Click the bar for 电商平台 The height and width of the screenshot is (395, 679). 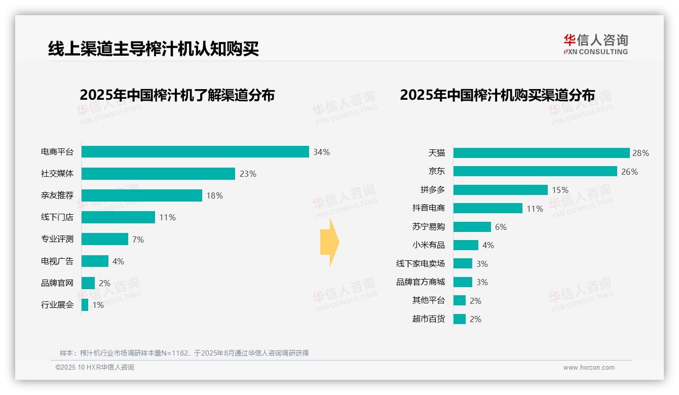pos(195,152)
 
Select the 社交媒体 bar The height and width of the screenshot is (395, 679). pos(158,174)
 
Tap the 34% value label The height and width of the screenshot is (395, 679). pos(321,152)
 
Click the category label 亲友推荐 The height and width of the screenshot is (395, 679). pos(57,195)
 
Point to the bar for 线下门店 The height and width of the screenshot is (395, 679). pos(118,217)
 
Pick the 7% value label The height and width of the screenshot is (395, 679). pos(138,240)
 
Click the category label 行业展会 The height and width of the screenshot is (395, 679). pos(57,305)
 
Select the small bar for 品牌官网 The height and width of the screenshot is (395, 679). pos(88,283)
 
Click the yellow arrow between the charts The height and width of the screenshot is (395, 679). pos(329,243)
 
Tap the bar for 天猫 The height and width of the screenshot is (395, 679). pos(541,153)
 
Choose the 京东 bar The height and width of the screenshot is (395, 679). pos(535,172)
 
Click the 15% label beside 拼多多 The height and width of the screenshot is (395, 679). pos(560,190)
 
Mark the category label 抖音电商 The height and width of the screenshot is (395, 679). pos(429,208)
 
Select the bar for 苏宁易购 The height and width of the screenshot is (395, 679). pos(472,227)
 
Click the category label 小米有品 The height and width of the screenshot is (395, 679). pos(429,245)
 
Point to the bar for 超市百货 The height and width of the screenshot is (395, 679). pos(460,319)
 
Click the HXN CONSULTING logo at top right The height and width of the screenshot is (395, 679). pos(595,44)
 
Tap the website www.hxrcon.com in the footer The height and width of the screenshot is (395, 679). pos(589,368)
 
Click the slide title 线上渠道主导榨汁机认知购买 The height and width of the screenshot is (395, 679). pos(154,49)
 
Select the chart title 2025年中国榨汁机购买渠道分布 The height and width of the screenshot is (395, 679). pos(497,95)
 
